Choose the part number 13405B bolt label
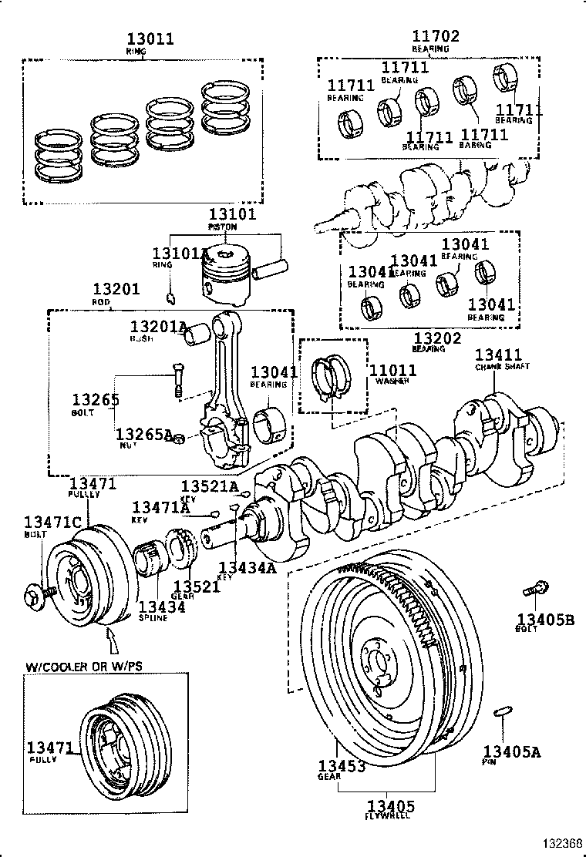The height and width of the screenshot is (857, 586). (x=545, y=617)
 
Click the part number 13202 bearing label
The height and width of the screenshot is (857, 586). (x=437, y=338)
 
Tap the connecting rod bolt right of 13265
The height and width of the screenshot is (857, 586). (x=178, y=380)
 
